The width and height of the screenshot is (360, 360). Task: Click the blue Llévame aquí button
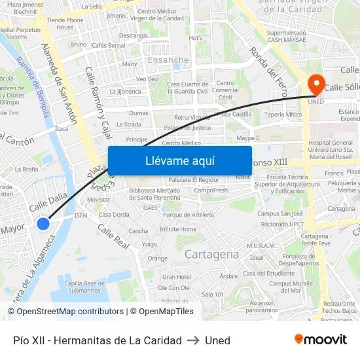coord(179,160)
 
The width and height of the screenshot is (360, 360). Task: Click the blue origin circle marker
coord(43,224)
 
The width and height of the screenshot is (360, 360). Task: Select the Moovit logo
coord(321,340)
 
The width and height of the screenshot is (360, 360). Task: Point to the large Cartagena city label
coord(211,254)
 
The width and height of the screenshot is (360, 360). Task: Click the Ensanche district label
coord(168,60)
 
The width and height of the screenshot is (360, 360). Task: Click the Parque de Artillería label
coord(189,215)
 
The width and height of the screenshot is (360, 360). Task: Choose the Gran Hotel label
coord(176,277)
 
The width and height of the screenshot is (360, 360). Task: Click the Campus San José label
coord(279,213)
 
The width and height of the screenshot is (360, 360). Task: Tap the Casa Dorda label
coord(114,215)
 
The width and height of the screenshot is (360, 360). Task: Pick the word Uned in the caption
coord(217,340)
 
